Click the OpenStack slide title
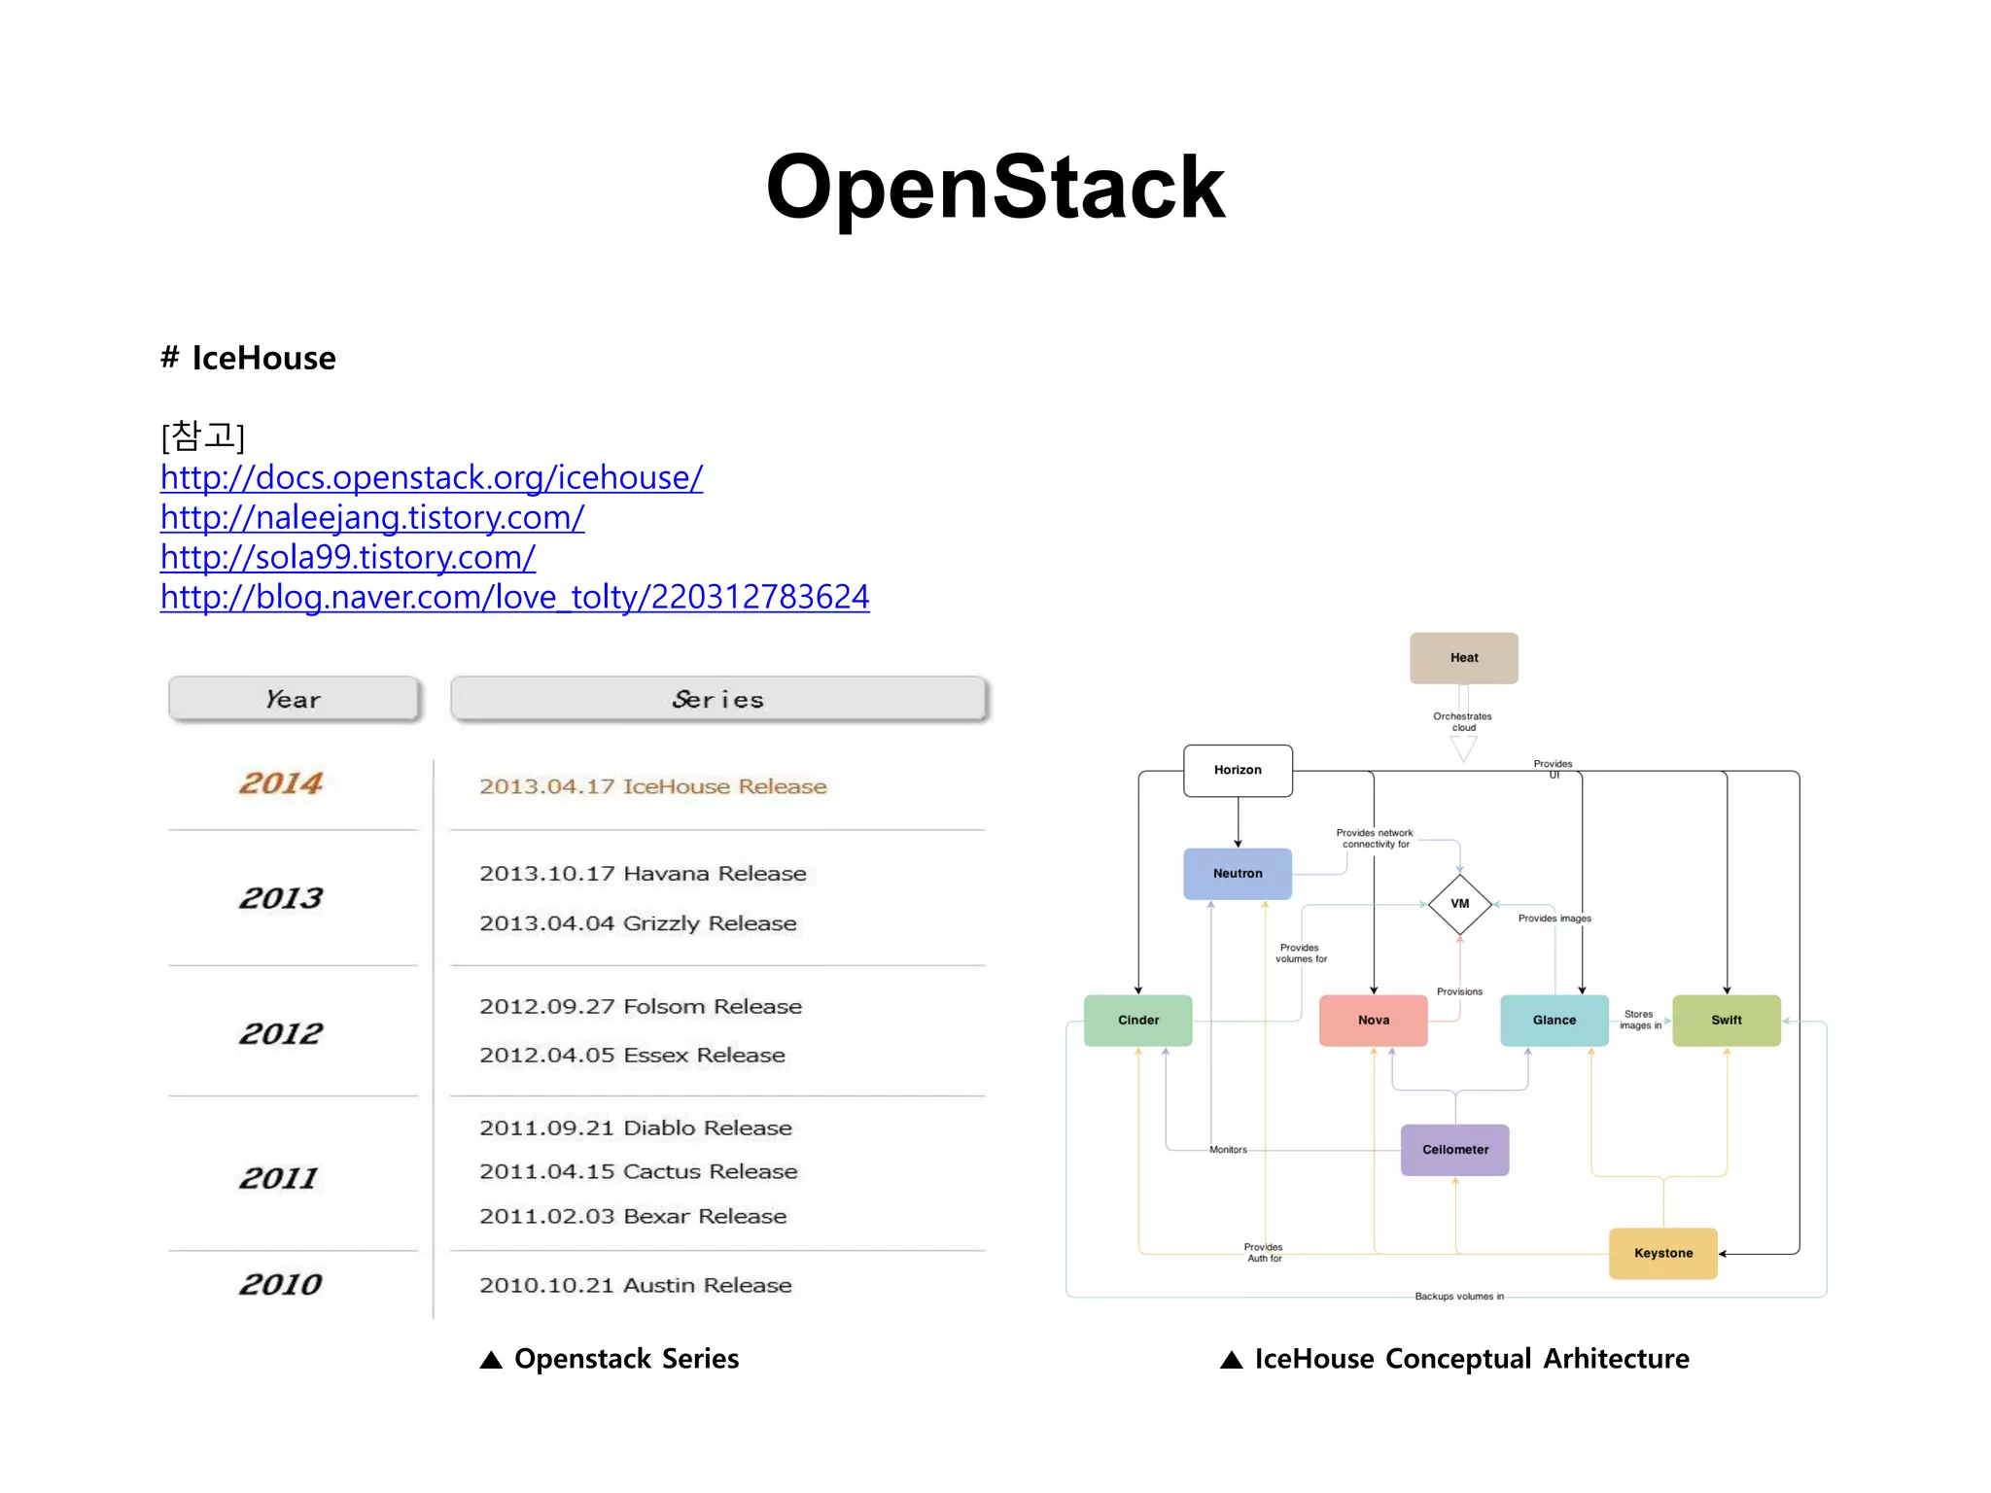995,187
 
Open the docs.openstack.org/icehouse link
431,477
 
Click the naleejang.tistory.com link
371,517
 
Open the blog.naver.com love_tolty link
514,597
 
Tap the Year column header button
294,699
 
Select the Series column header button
718,699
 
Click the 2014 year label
281,783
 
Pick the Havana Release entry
643,873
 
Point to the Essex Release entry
632,1055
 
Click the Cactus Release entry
638,1171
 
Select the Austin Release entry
635,1285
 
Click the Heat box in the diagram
1463,658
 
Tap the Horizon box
1238,770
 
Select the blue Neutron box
1238,873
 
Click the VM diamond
1459,904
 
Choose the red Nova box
1373,1020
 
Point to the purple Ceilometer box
1454,1150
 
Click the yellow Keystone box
1662,1253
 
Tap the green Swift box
1726,1020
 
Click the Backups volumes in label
1458,1296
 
